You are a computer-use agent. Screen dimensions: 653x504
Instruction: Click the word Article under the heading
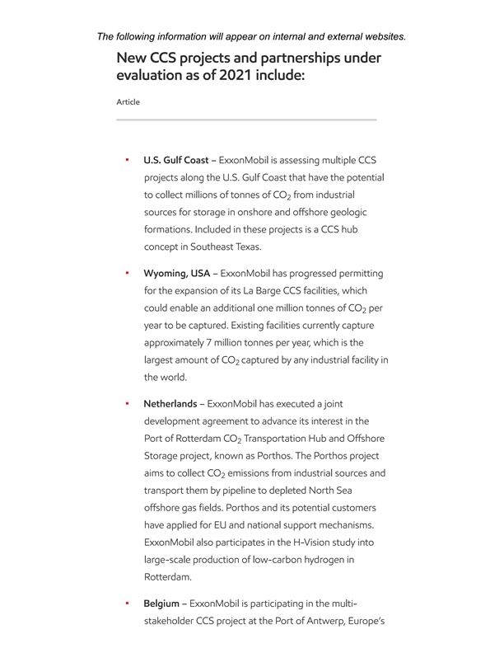tap(128, 102)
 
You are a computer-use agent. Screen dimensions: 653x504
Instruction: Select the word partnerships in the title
tap(291, 59)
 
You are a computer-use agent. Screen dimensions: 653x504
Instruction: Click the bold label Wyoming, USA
tap(177, 272)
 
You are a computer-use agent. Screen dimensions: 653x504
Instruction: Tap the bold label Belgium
tap(161, 604)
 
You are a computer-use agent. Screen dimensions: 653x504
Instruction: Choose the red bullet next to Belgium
tap(127, 604)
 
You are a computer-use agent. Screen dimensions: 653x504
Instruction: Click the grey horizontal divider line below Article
tap(246, 120)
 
